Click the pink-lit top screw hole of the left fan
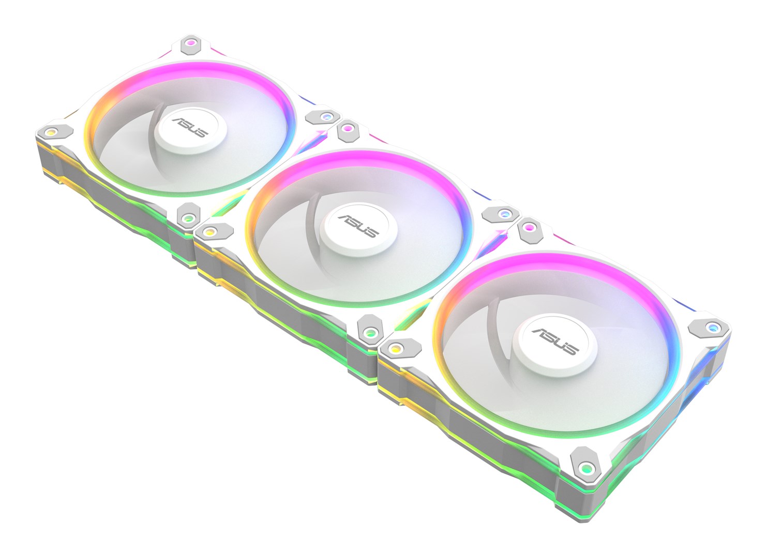191,43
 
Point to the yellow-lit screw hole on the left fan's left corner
51,132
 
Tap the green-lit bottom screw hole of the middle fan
369,332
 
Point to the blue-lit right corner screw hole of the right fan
713,327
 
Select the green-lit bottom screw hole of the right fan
585,468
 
